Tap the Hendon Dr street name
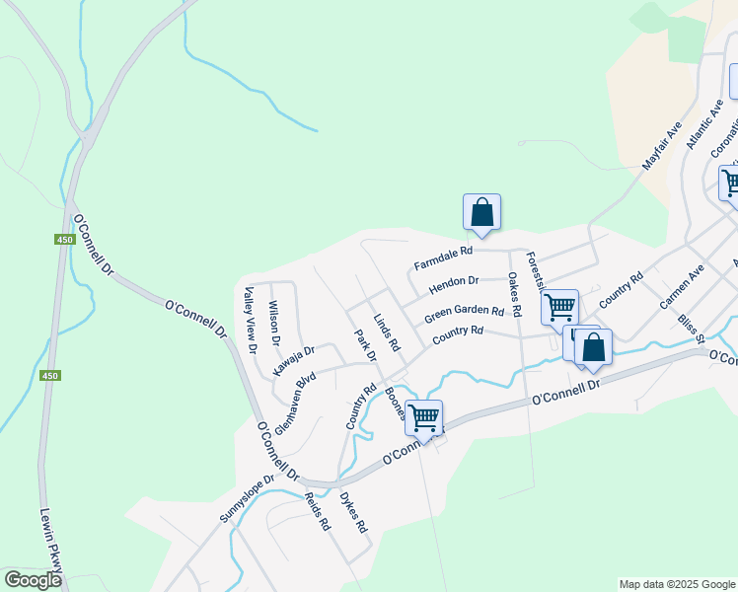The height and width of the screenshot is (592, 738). click(x=454, y=286)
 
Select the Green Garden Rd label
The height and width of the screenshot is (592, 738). click(x=464, y=314)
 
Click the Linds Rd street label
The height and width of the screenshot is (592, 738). click(x=387, y=333)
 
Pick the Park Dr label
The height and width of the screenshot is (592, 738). click(x=366, y=344)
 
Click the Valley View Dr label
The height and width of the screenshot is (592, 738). click(x=250, y=319)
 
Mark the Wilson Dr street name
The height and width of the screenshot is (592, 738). click(x=274, y=324)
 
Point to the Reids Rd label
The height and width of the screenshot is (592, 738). click(x=317, y=512)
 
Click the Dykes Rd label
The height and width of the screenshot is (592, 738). click(x=354, y=513)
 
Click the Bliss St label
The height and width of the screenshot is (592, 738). click(x=691, y=329)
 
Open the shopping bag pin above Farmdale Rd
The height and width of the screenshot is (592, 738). click(x=481, y=212)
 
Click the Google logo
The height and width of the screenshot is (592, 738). click(x=33, y=579)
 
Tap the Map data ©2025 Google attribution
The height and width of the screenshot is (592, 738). click(x=677, y=584)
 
